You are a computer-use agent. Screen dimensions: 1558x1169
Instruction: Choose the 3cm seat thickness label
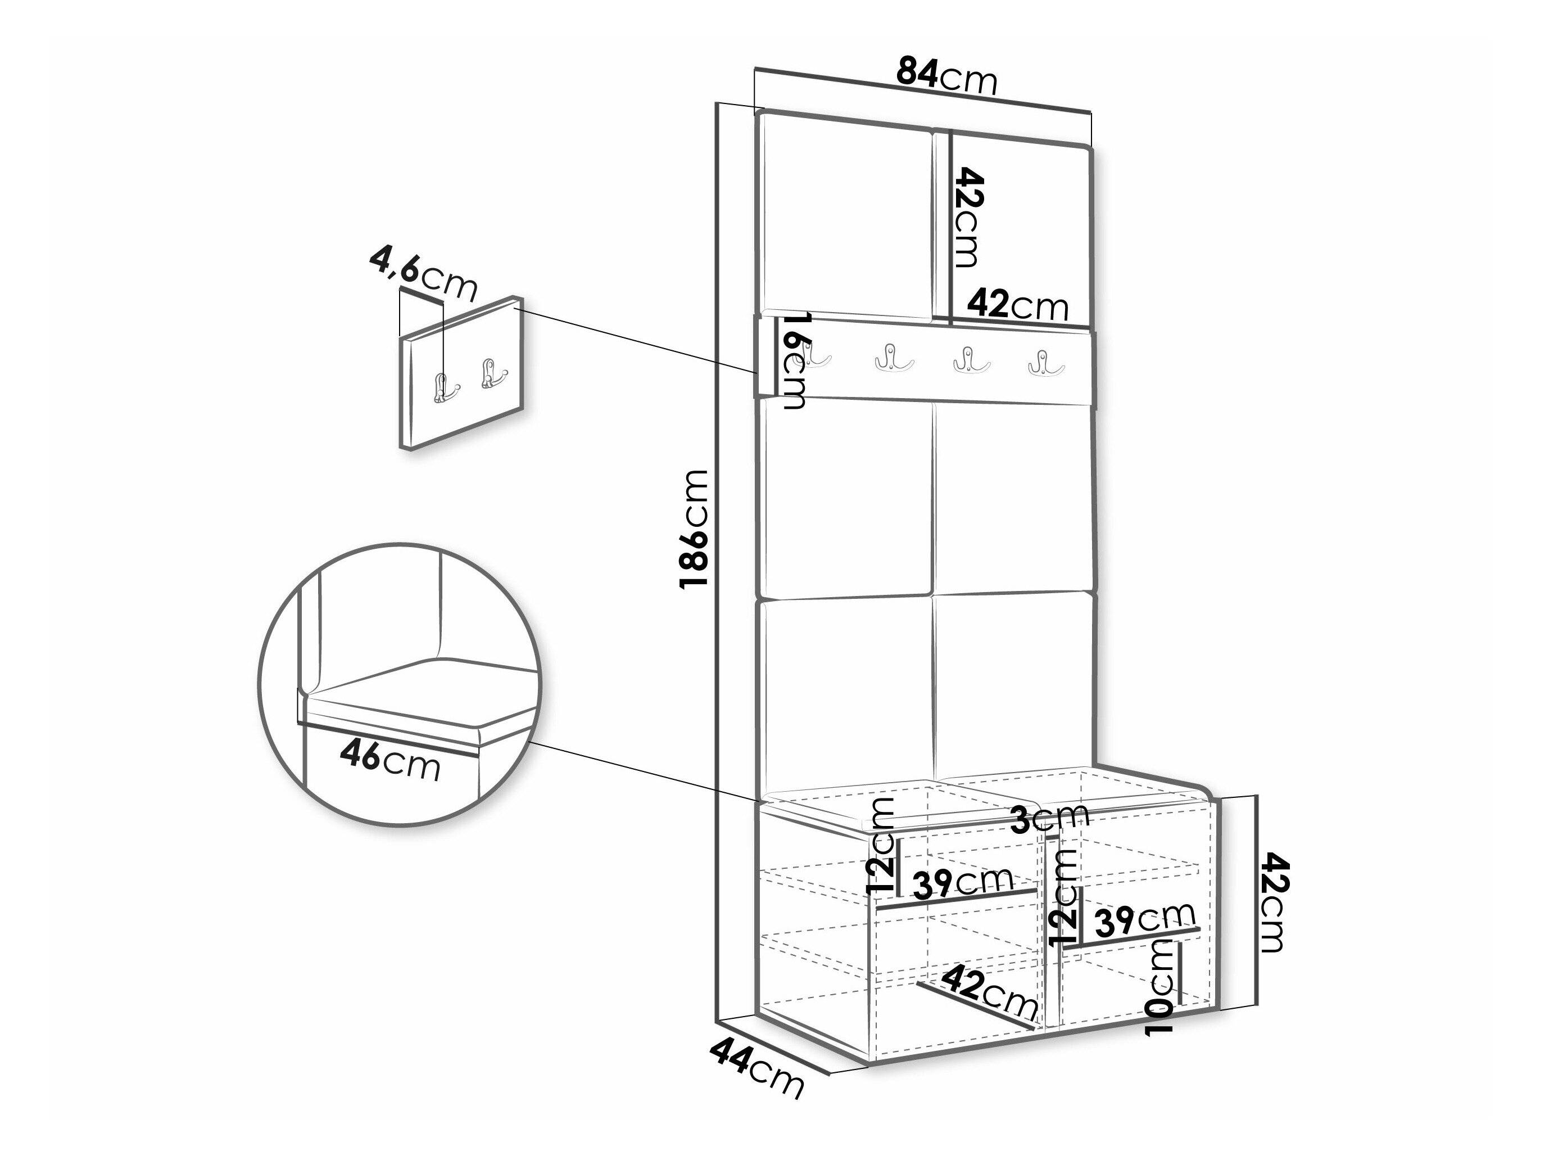point(1049,818)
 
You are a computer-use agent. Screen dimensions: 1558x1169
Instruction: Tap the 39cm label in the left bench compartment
point(962,882)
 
